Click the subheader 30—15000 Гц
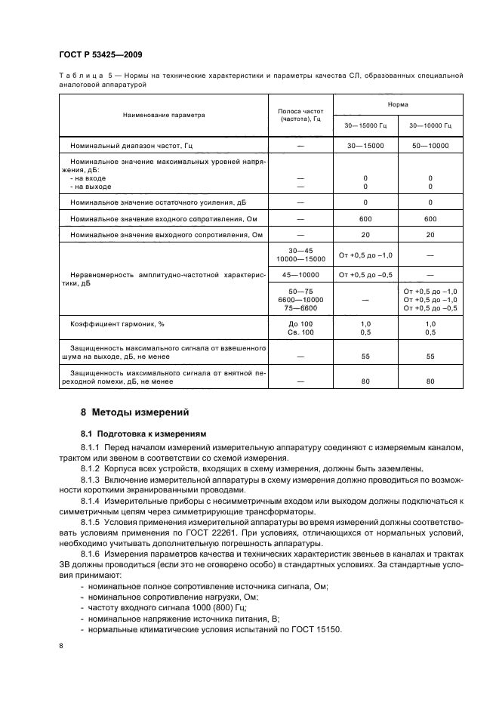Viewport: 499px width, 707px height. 365,125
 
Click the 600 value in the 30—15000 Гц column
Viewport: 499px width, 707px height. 365,219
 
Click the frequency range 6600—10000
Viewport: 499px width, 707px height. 300,300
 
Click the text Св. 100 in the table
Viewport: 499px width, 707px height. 300,332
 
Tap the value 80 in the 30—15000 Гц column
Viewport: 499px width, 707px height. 365,381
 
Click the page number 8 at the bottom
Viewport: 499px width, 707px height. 61,647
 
